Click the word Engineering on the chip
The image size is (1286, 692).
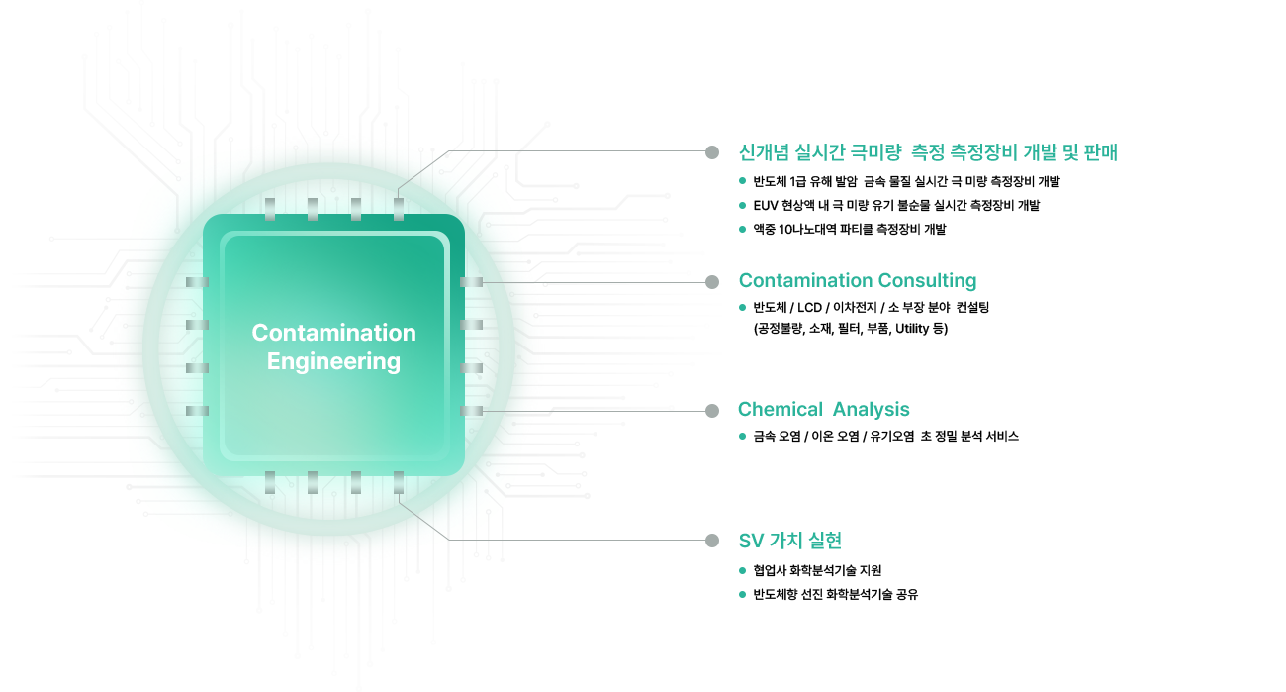click(x=333, y=361)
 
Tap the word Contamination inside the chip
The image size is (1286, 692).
click(x=333, y=333)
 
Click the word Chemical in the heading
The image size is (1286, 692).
click(x=780, y=409)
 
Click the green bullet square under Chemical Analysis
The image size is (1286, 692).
click(x=742, y=436)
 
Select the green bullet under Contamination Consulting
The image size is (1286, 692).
click(x=742, y=307)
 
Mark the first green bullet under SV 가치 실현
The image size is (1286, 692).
click(x=742, y=570)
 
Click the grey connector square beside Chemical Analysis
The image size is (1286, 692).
click(x=711, y=409)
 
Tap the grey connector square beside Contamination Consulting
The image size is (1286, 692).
click(x=711, y=281)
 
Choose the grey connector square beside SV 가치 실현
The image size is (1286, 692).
click(x=711, y=542)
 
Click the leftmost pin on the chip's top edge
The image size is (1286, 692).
click(x=269, y=209)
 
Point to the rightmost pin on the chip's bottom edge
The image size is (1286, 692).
click(x=399, y=482)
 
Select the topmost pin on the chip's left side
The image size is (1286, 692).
click(x=198, y=282)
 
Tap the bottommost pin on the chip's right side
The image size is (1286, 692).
click(x=472, y=410)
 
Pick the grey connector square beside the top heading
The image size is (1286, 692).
click(x=711, y=150)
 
